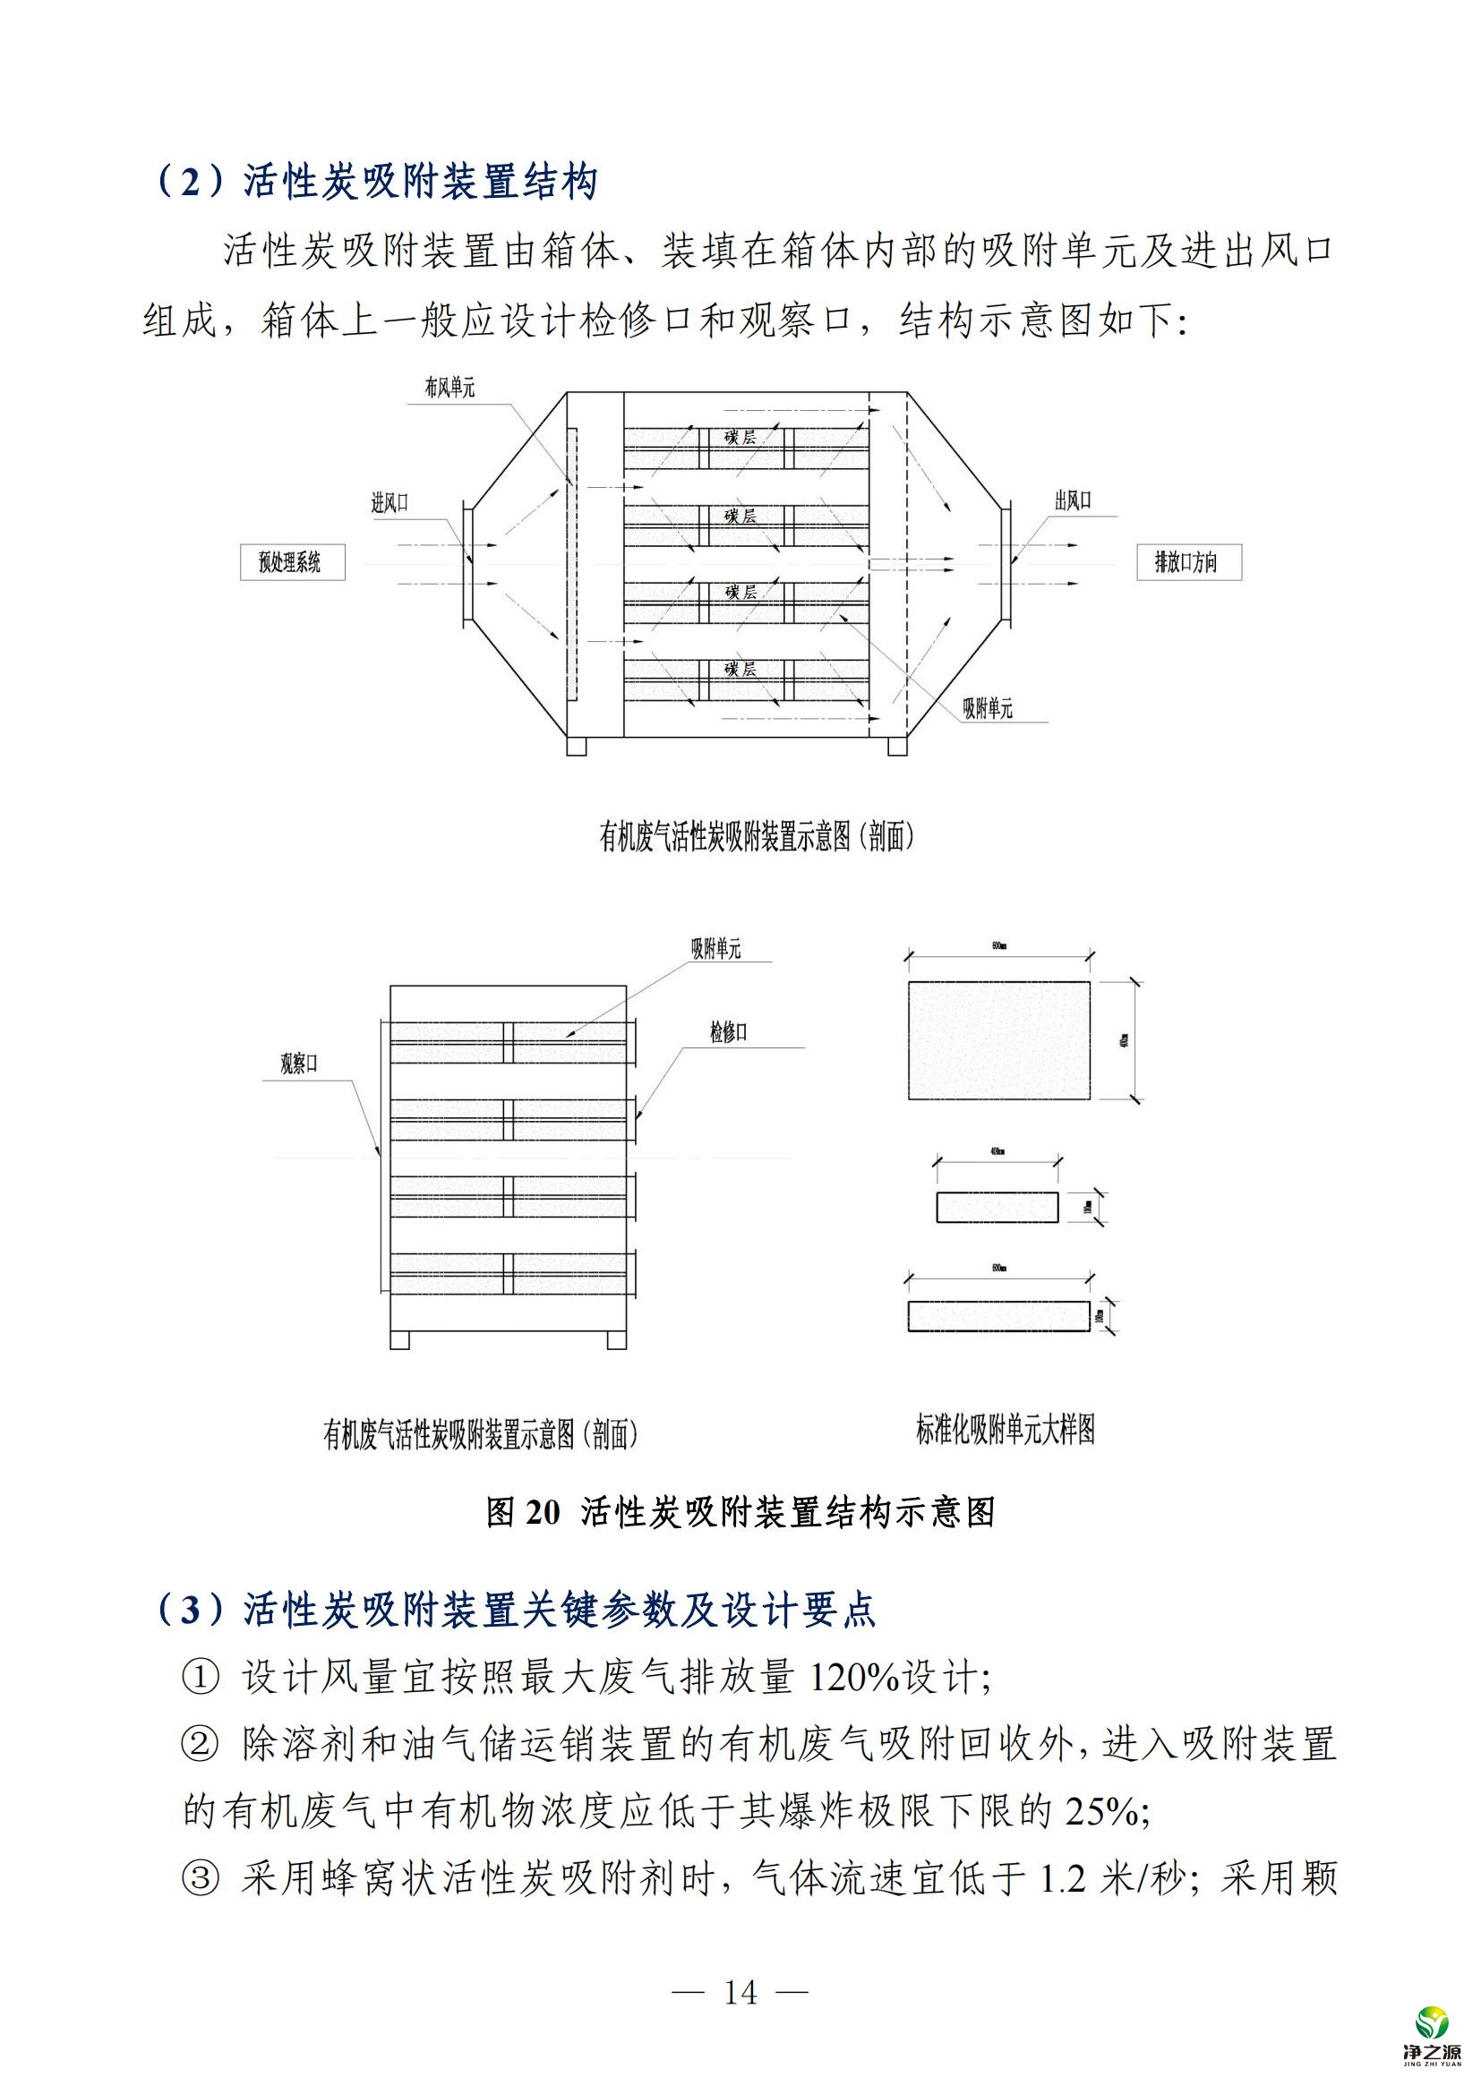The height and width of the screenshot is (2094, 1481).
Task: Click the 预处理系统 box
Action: pyautogui.click(x=292, y=562)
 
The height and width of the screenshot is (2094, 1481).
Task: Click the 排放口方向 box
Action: pyautogui.click(x=1188, y=562)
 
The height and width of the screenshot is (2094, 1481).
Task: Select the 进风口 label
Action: pyautogui.click(x=390, y=502)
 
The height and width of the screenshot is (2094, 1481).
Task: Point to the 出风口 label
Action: pyautogui.click(x=1073, y=500)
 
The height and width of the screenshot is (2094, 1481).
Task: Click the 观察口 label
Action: pyautogui.click(x=298, y=1064)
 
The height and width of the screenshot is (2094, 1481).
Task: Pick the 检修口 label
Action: pyautogui.click(x=729, y=1032)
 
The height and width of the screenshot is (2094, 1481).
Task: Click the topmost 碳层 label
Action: pyautogui.click(x=740, y=437)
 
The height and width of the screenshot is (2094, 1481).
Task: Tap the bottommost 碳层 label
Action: pyautogui.click(x=740, y=669)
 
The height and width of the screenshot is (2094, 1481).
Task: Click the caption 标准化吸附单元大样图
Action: pyautogui.click(x=1005, y=1429)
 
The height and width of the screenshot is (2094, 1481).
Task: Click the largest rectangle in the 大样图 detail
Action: pyautogui.click(x=998, y=1039)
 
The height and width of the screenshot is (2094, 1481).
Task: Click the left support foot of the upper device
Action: pyautogui.click(x=578, y=746)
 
